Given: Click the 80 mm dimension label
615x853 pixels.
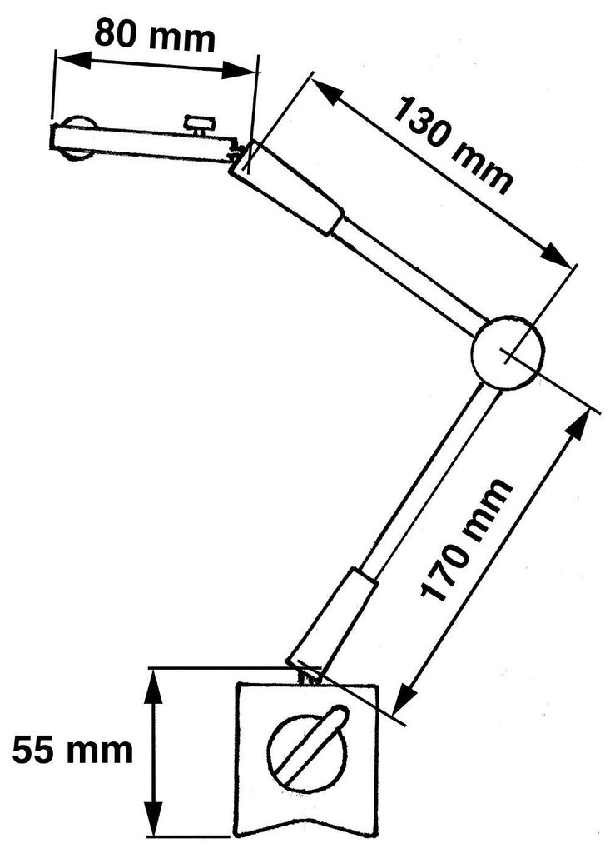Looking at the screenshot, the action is [155, 34].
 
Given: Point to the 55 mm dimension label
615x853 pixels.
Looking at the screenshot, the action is [72, 751].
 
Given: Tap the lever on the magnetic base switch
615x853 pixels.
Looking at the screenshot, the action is [310, 746].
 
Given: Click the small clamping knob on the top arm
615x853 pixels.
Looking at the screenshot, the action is [201, 125].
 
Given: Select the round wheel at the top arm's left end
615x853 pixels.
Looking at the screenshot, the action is [77, 139].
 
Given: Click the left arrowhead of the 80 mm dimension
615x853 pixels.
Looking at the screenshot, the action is [72, 59].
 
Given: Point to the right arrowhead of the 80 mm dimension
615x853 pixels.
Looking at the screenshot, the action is [239, 71].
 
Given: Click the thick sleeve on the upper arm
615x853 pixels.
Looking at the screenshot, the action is [287, 187].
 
